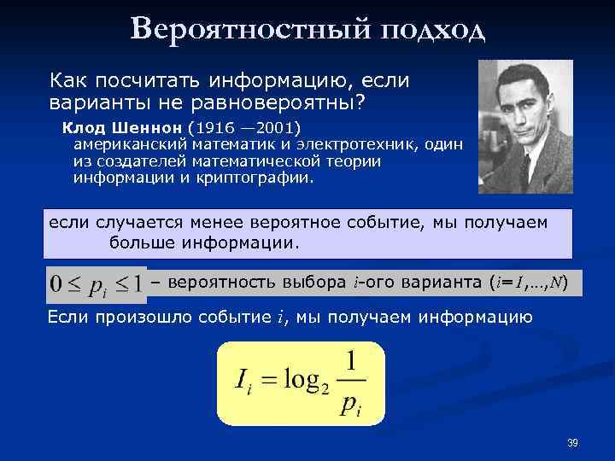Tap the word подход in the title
pos(431,32)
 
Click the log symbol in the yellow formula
pos(290,378)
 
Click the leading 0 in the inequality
pos(56,283)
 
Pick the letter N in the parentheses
pos(555,282)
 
